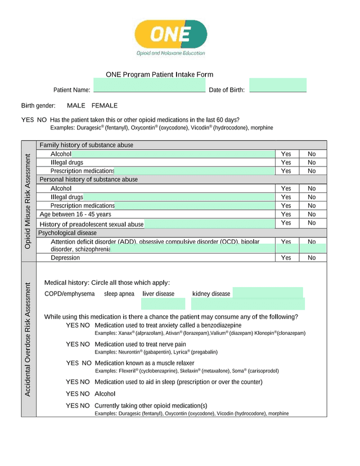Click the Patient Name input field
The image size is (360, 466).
(x=149, y=86)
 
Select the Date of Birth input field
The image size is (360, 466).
(x=277, y=86)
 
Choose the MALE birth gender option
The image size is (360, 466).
(x=76, y=106)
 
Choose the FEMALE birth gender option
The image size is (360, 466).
(x=105, y=106)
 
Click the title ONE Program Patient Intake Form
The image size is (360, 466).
(x=159, y=75)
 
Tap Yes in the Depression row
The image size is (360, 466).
(x=286, y=258)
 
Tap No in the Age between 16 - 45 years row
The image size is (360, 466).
(x=312, y=214)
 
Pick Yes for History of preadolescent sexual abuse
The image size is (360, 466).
(x=286, y=223)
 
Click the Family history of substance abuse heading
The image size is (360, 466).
(x=86, y=145)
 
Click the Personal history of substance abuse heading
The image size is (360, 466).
(x=88, y=180)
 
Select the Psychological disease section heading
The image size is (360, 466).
(x=67, y=233)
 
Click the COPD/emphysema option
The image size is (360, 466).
(x=70, y=294)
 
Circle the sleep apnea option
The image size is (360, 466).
(x=119, y=294)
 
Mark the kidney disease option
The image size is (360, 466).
(x=211, y=294)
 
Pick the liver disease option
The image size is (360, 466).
(x=159, y=294)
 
